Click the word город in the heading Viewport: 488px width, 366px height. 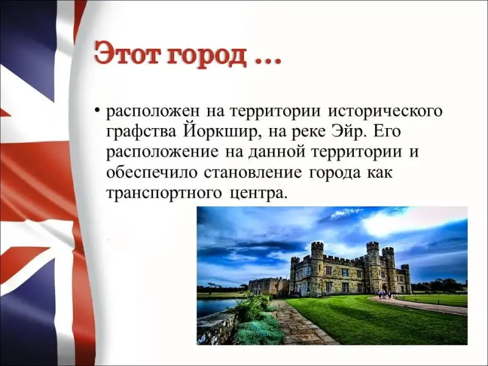(x=206, y=56)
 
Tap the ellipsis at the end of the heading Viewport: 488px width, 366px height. (x=268, y=62)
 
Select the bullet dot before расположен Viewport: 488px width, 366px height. (x=98, y=111)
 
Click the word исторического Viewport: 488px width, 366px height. (x=385, y=112)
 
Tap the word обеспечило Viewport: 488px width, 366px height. (x=152, y=173)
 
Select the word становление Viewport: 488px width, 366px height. (x=253, y=173)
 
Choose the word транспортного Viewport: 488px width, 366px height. (x=164, y=193)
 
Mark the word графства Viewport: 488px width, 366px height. (x=142, y=132)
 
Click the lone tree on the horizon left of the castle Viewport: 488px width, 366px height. (x=212, y=285)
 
